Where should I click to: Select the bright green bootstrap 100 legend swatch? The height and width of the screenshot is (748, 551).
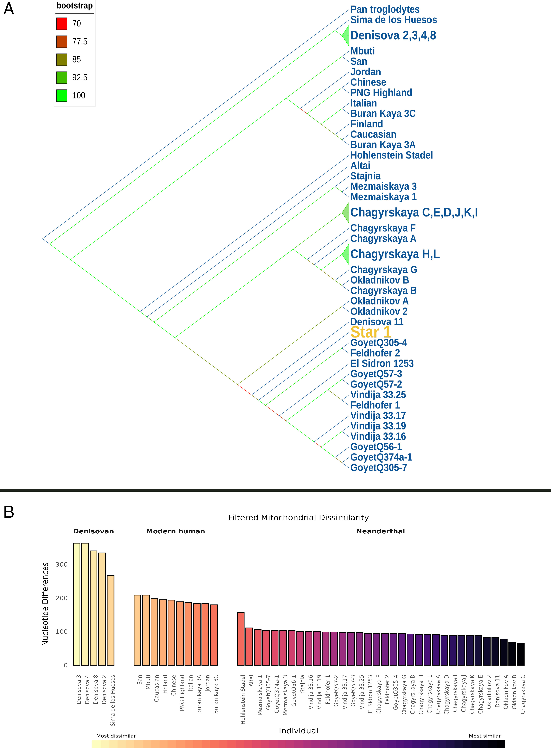62,95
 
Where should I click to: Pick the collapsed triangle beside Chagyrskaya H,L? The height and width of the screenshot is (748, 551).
346,254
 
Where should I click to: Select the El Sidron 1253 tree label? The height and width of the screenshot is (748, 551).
382,363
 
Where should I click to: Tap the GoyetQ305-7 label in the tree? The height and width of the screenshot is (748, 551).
379,467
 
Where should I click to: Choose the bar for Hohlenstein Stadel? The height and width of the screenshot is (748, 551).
240,639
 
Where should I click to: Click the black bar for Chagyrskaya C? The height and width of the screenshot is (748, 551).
521,654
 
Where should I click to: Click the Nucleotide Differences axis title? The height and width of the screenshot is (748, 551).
45,604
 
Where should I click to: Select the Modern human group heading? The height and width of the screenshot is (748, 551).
175,531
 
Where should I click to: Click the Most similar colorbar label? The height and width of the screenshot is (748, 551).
485,736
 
